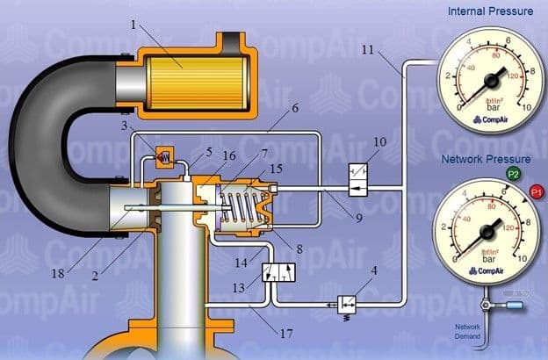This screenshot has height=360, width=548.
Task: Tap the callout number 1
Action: pos(133,24)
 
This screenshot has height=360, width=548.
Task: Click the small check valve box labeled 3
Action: pos(162,155)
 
